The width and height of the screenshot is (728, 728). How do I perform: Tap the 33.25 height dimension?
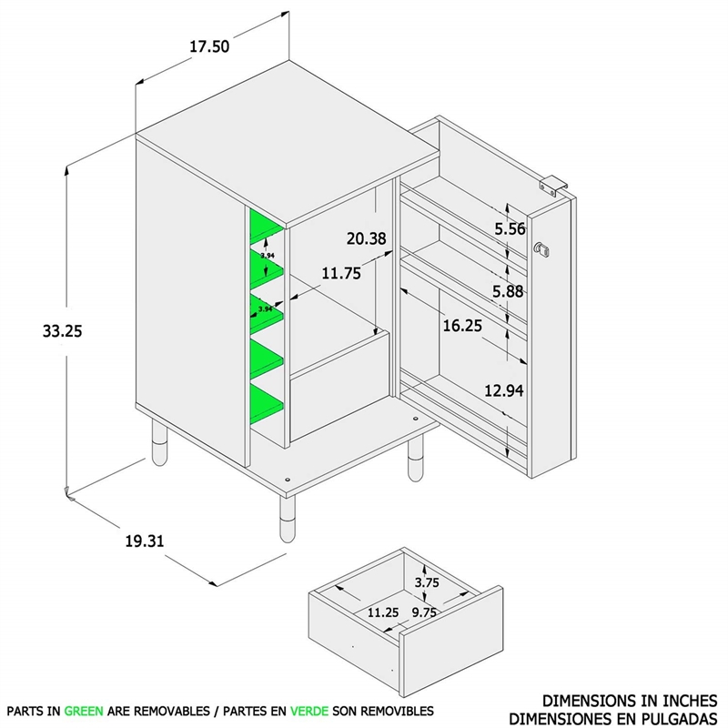(62, 331)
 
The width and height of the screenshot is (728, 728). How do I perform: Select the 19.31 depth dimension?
(144, 541)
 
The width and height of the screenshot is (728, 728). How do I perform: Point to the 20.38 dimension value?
(367, 238)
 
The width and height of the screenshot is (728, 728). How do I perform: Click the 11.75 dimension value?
(341, 272)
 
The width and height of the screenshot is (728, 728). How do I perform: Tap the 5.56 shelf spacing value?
(511, 229)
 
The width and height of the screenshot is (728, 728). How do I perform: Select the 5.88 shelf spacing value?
(511, 292)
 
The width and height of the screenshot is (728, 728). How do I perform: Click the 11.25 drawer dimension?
(382, 612)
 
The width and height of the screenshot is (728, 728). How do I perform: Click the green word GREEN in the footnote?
(84, 710)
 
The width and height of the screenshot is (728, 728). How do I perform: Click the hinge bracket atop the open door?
(552, 184)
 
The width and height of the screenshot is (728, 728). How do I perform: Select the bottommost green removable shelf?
(266, 402)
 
